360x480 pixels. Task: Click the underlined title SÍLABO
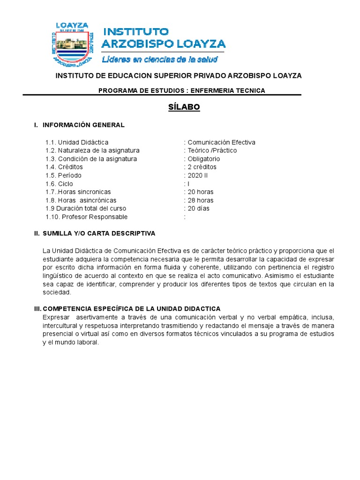pyautogui.click(x=184, y=107)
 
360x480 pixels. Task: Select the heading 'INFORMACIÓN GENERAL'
pyautogui.click(x=83, y=125)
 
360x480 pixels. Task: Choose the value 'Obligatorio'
pyautogui.click(x=203, y=159)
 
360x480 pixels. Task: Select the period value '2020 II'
pyautogui.click(x=198, y=175)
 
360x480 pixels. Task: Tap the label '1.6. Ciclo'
pyautogui.click(x=59, y=184)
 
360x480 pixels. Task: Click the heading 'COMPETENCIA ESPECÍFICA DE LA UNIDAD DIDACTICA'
pyautogui.click(x=131, y=308)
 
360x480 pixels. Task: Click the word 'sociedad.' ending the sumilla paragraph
pyautogui.click(x=57, y=292)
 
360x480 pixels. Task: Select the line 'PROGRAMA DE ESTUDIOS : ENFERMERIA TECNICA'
pyautogui.click(x=181, y=90)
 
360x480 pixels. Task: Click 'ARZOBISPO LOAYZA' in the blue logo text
pyautogui.click(x=164, y=44)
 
